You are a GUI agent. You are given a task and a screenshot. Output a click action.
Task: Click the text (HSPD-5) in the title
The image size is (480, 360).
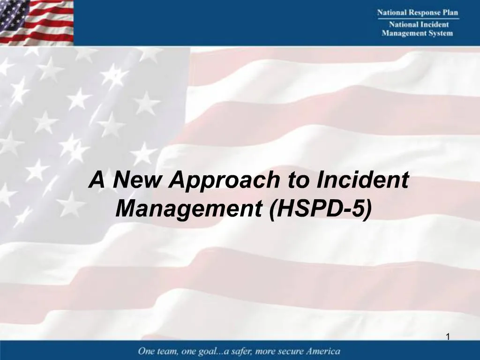321,208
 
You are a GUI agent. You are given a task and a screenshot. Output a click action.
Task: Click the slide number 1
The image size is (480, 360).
448,337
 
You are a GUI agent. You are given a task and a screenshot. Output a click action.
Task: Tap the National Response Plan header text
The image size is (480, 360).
418,13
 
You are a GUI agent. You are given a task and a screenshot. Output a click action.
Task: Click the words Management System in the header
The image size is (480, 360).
418,33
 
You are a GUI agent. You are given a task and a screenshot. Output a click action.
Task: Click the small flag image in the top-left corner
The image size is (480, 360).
37,22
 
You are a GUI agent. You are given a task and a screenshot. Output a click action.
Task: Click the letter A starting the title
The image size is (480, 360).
97,180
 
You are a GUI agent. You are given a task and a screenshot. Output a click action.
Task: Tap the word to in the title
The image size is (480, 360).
298,180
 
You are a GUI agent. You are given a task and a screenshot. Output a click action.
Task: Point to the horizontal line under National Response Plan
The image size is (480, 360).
418,19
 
